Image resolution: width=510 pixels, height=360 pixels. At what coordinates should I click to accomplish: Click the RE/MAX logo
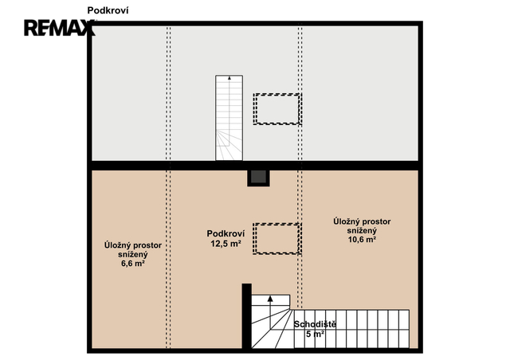pos(60,28)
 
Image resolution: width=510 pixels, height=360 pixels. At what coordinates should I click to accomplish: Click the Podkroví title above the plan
pos(108,10)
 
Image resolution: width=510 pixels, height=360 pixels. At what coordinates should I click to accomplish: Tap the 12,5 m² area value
pos(226,243)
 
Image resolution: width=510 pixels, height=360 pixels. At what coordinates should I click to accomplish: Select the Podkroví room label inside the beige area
pos(226,233)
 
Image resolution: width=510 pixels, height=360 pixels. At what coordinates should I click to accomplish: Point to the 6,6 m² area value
pos(133,264)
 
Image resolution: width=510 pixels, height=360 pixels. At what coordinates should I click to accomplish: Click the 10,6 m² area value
pos(362,240)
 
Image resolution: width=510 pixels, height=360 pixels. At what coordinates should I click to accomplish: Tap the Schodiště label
pos(315,324)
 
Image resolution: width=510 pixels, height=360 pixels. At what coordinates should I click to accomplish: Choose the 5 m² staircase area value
pos(315,334)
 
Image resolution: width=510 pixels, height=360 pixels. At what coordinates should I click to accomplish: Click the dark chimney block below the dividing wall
pos(258,178)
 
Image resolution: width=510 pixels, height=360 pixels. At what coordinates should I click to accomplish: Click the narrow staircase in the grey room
pos(229,118)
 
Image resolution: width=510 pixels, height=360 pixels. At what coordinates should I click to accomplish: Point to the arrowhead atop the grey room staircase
pos(229,78)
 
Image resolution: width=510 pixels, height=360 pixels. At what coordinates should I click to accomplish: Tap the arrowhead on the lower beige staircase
pos(270,299)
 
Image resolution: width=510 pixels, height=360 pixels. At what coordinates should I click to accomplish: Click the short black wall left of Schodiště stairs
pos(246,316)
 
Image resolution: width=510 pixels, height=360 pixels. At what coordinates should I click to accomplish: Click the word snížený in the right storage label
pos(362,230)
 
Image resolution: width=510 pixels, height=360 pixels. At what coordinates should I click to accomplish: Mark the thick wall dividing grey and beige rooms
pos(255,166)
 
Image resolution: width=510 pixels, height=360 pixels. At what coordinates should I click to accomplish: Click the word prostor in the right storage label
pos(376,221)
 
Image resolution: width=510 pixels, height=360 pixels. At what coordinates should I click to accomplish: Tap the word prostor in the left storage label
pos(147,245)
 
